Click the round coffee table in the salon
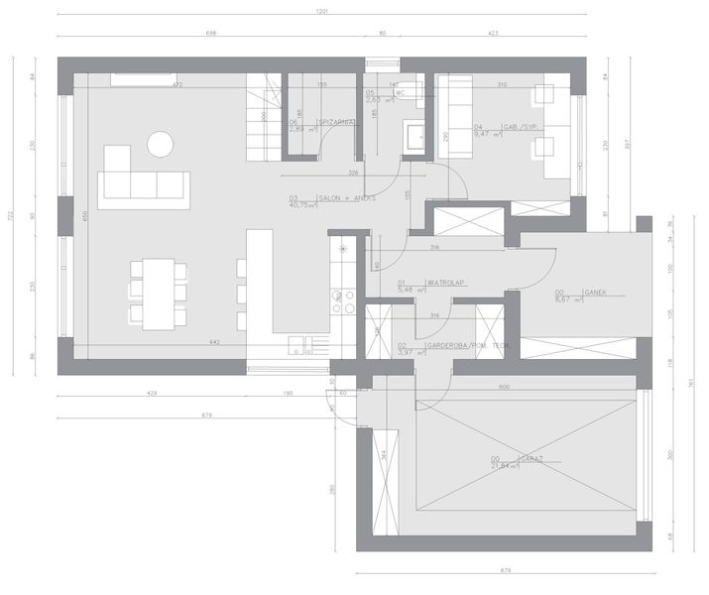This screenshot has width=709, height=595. [x=160, y=145]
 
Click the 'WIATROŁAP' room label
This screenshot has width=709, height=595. [x=444, y=283]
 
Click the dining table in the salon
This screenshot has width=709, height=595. [x=158, y=294]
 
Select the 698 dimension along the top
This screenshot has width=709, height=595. [x=210, y=34]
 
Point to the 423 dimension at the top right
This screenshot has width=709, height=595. [x=493, y=34]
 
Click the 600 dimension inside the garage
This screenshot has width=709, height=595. [x=503, y=387]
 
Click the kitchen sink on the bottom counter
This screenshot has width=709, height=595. [x=302, y=345]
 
